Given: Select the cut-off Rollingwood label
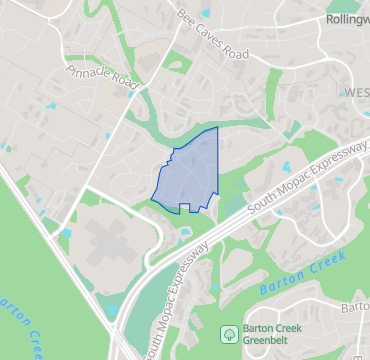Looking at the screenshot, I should pos(347,19).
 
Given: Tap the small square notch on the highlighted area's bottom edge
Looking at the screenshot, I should pos(185,207).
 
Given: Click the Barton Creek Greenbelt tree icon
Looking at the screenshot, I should pos(229,333).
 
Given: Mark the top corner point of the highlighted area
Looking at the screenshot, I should pos(217,128).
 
